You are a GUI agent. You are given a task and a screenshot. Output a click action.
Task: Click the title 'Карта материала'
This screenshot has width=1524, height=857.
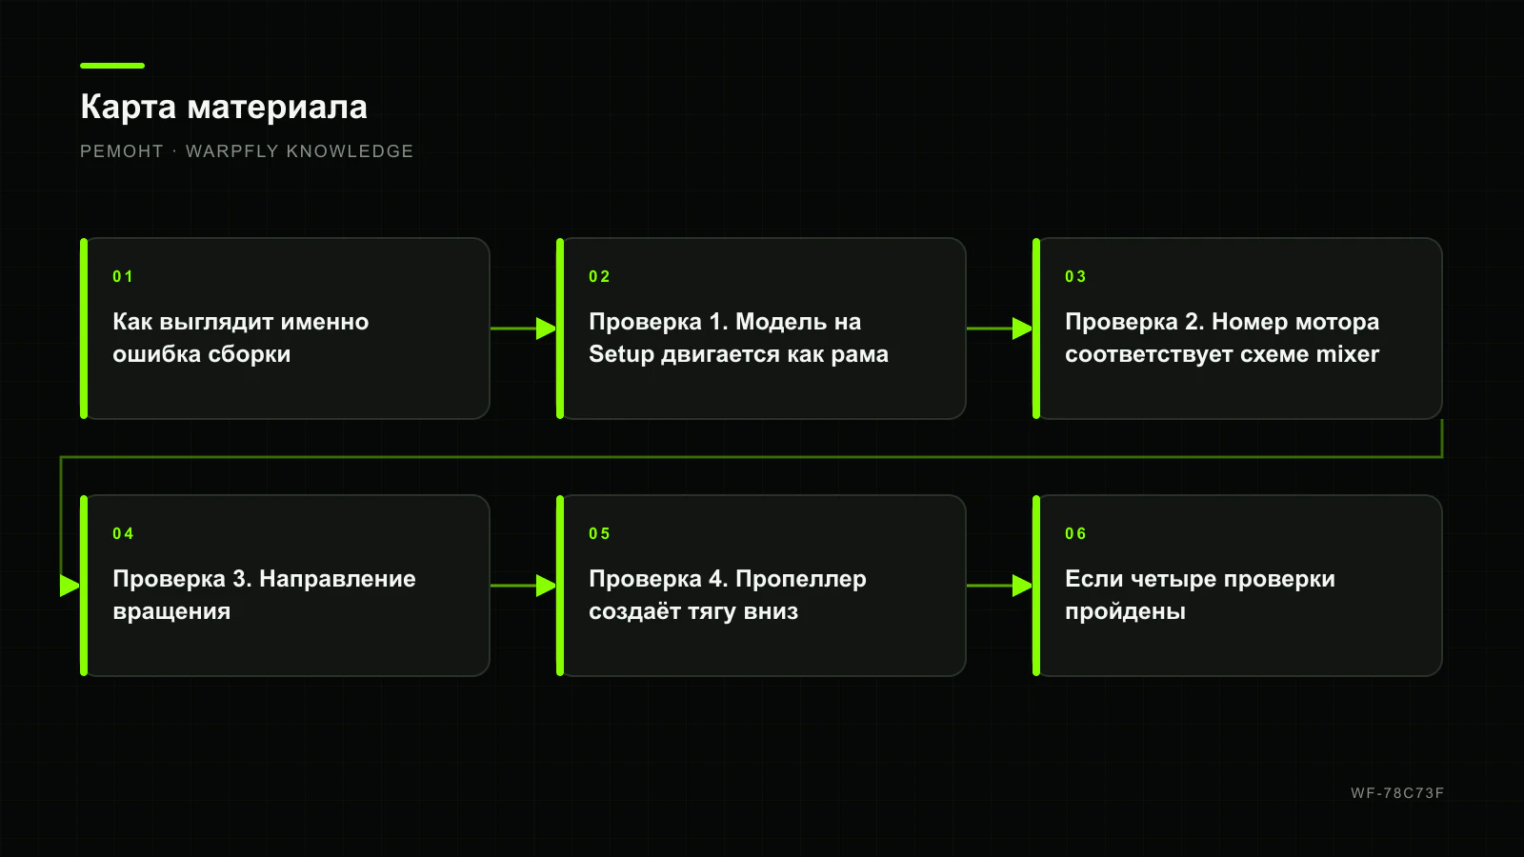click(x=224, y=107)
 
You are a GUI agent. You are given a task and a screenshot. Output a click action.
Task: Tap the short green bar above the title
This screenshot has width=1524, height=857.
click(x=112, y=66)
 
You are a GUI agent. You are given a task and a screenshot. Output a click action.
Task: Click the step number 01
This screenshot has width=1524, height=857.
click(x=123, y=276)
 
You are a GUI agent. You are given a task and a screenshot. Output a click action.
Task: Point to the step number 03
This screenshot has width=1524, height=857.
click(x=1075, y=276)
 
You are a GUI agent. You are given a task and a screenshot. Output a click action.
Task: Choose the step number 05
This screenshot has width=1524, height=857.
click(x=599, y=533)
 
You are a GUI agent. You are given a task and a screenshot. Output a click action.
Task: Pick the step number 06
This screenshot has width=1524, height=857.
click(x=1075, y=533)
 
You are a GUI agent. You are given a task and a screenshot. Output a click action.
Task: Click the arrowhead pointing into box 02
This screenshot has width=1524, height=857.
click(x=547, y=329)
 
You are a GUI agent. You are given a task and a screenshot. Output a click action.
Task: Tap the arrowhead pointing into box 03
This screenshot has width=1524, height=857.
click(x=1023, y=329)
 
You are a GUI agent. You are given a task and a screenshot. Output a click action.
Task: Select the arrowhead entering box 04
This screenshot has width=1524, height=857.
click(x=70, y=586)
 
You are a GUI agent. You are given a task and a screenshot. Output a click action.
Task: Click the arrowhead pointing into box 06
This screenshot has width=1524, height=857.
click(x=1023, y=586)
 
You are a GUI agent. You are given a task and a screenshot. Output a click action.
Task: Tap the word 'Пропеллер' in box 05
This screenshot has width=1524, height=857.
click(x=801, y=580)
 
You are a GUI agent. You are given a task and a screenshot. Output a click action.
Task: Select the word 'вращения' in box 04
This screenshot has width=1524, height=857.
click(x=171, y=611)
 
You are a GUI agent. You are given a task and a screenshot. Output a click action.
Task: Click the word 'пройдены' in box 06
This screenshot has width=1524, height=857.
click(x=1125, y=611)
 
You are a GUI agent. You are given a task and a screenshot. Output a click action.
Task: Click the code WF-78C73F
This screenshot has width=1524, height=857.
click(x=1397, y=793)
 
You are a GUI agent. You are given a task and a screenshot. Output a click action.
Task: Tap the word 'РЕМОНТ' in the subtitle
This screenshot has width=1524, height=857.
click(x=122, y=151)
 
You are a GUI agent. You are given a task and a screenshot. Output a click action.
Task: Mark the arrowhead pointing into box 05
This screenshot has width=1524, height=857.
click(x=547, y=586)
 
